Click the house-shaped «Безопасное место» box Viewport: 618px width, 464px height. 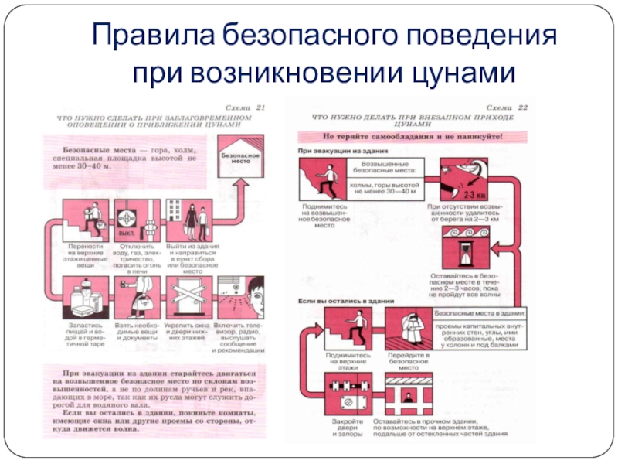point(240,155)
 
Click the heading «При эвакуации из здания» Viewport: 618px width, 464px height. point(333,152)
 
